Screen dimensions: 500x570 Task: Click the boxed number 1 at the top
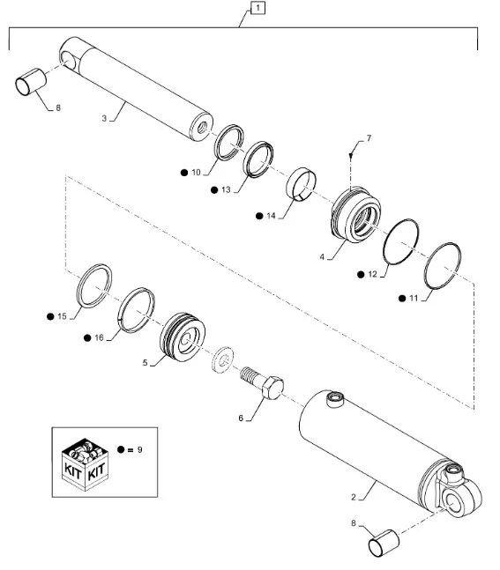click(257, 8)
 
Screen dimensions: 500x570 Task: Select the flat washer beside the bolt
click(223, 359)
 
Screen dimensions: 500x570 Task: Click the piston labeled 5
click(183, 337)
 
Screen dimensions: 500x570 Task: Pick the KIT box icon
click(86, 464)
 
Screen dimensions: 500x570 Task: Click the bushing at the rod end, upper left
click(31, 82)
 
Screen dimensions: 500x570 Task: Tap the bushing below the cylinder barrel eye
click(384, 544)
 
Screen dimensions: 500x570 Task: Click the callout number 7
click(369, 138)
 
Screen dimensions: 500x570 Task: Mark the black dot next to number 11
click(402, 299)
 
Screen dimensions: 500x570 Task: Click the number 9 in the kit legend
click(139, 450)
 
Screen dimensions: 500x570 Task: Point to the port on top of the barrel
click(335, 399)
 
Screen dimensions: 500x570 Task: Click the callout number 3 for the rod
click(104, 119)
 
